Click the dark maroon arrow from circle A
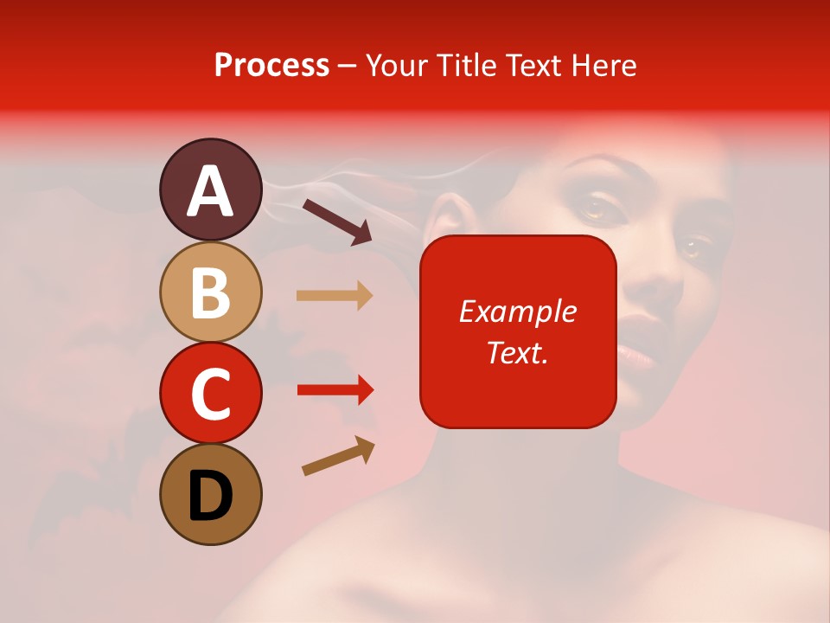337,221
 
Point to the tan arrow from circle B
335,295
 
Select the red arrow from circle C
335,390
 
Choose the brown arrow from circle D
338,456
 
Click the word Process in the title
271,66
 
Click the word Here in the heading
604,66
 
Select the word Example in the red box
517,311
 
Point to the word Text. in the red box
517,352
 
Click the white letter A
211,192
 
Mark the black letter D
210,496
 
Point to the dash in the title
347,67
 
